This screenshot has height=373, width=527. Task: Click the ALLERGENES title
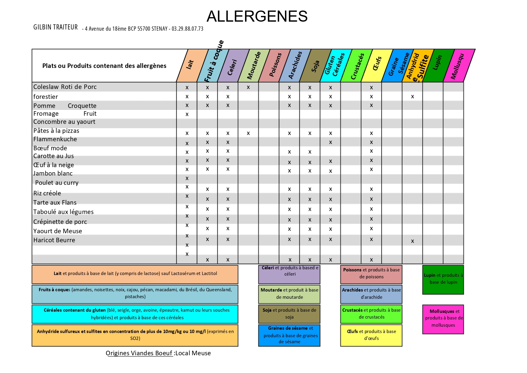pyautogui.click(x=257, y=16)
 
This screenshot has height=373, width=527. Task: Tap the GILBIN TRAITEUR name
pyautogui.click(x=56, y=27)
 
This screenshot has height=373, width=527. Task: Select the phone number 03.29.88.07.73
pyautogui.click(x=187, y=29)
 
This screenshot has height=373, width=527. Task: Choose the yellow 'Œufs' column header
pyautogui.click(x=377, y=64)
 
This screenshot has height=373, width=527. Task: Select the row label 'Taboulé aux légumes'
pyautogui.click(x=63, y=212)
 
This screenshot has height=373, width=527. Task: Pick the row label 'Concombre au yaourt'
pyautogui.click(x=64, y=122)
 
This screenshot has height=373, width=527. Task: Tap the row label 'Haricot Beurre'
pyautogui.click(x=54, y=240)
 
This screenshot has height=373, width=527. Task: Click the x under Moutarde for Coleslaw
pyautogui.click(x=248, y=87)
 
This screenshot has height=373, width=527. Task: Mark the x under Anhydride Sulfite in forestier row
pyautogui.click(x=413, y=96)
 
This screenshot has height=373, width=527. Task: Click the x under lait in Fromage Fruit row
pyautogui.click(x=187, y=114)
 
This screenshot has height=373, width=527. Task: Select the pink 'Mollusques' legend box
pyautogui.click(x=443, y=319)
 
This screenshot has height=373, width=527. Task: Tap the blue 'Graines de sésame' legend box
pyautogui.click(x=289, y=335)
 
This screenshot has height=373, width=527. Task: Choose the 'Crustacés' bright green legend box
pyautogui.click(x=371, y=313)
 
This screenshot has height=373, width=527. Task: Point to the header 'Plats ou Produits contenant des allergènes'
pyautogui.click(x=104, y=66)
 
